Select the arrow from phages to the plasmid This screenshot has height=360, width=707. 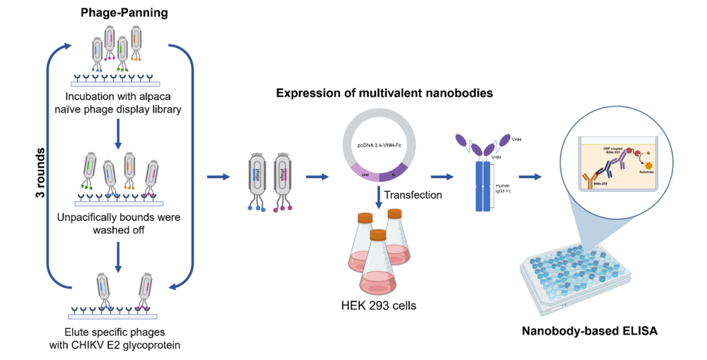(x=314, y=177)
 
